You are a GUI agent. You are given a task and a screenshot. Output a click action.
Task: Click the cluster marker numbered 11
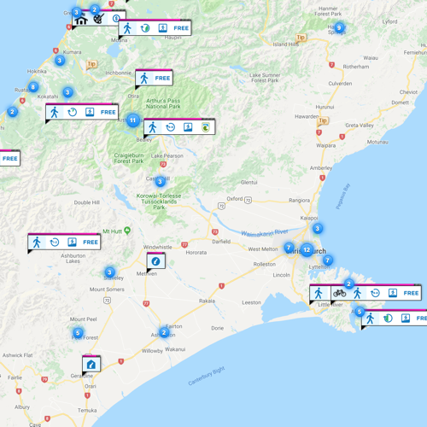pyautogui.click(x=133, y=120)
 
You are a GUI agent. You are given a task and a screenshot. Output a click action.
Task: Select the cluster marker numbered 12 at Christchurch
pyautogui.click(x=307, y=250)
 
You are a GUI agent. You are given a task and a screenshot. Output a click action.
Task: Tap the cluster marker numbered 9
pyautogui.click(x=339, y=27)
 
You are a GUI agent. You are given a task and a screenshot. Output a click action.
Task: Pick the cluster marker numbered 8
pyautogui.click(x=33, y=87)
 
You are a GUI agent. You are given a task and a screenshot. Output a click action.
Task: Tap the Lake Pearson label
pyautogui.click(x=167, y=155)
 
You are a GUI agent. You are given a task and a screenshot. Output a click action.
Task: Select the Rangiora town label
pyautogui.click(x=299, y=201)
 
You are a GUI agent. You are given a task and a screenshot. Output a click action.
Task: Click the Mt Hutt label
pyautogui.click(x=114, y=231)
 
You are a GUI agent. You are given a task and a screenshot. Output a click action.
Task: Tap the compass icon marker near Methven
pyautogui.click(x=155, y=260)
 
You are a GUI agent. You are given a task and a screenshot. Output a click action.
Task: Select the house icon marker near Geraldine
pyautogui.click(x=91, y=364)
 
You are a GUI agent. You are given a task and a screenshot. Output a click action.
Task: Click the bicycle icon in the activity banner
pyautogui.click(x=339, y=293)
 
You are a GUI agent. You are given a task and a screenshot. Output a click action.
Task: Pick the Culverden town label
pyautogui.click(x=340, y=83)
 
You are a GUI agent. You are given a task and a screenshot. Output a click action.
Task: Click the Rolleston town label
pyautogui.click(x=265, y=264)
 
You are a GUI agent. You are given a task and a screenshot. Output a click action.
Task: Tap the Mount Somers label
pyautogui.click(x=108, y=290)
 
